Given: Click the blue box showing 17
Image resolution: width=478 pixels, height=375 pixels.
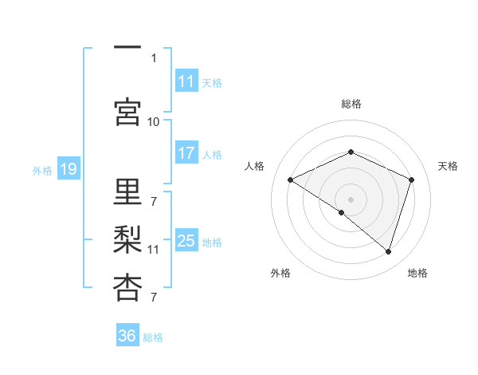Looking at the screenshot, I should (186, 154).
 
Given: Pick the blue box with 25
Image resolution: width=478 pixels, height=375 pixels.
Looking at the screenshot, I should (186, 241).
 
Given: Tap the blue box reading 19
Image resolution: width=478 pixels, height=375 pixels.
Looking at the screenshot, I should (68, 169).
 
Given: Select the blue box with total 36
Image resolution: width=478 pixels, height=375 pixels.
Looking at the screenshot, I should (127, 336).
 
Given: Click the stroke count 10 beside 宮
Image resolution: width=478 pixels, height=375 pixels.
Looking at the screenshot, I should (154, 121).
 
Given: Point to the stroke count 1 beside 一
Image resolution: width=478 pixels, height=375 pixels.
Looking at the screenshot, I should (154, 58).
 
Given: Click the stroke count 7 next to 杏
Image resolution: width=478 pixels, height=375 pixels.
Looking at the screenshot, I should (154, 298).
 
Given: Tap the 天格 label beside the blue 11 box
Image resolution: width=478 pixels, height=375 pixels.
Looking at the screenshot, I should (212, 82).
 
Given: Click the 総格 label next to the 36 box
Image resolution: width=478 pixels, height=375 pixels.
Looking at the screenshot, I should (154, 337).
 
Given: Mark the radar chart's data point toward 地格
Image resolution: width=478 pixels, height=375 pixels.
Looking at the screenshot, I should (388, 251).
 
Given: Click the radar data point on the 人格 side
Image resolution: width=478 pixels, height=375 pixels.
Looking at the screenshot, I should (291, 180).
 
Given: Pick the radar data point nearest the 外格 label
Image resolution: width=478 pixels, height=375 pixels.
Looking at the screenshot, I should (342, 212).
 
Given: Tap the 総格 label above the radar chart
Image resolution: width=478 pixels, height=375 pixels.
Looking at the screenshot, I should (351, 104).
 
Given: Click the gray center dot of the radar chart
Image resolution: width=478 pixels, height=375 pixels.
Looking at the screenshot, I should (351, 199).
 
